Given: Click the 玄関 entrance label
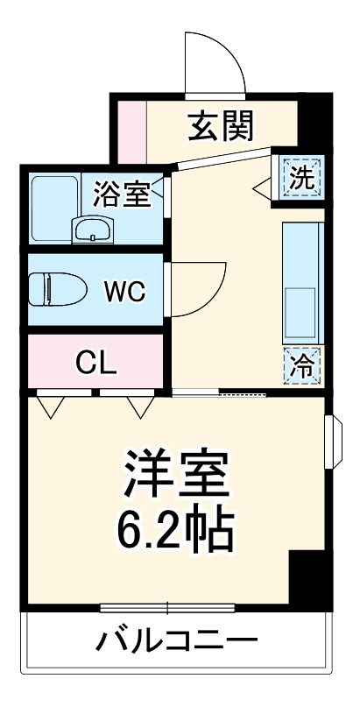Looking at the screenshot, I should coord(222,127).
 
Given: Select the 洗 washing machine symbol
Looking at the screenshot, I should coord(300,180).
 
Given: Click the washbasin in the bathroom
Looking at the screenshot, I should coord(91,230).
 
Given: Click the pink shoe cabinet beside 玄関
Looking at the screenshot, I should coord(131,131).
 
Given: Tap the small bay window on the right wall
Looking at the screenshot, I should coord(331,442).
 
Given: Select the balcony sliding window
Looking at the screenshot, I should coord(171,607).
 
